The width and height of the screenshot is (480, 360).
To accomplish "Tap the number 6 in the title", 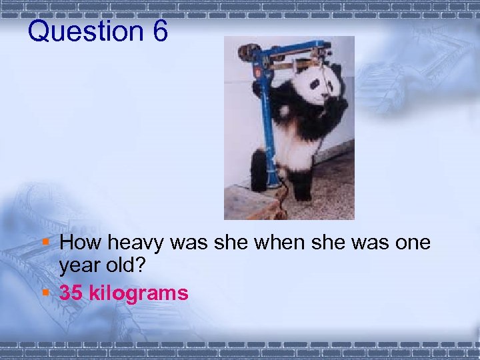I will point(159,31).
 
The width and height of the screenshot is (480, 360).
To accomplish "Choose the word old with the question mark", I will point(131,267).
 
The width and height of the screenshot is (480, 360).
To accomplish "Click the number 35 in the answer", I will point(71,293).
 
